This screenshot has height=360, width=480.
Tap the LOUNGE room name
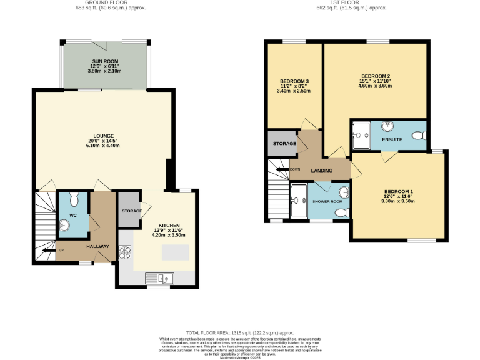(x=104, y=136)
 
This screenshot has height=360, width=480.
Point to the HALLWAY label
(x=98, y=246)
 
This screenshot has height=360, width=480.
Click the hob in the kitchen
(x=124, y=252)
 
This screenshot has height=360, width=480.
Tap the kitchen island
(x=174, y=252)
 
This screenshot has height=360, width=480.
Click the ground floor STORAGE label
(x=131, y=211)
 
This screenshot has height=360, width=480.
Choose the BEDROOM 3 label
(x=294, y=81)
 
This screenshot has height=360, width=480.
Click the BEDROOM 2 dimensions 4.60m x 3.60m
(x=374, y=86)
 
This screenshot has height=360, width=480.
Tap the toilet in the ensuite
(x=419, y=134)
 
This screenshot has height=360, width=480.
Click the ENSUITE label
(x=392, y=139)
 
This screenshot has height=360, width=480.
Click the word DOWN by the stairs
(x=296, y=169)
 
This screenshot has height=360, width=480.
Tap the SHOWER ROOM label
(x=327, y=201)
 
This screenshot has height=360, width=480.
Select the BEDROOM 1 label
(x=398, y=191)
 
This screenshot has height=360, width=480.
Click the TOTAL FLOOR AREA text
(x=239, y=333)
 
